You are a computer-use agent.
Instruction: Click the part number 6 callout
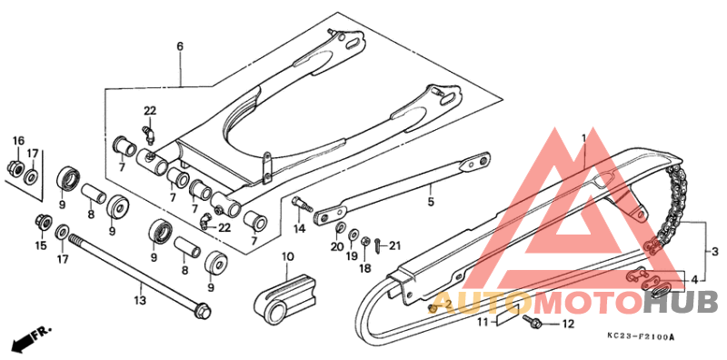[x=180, y=45]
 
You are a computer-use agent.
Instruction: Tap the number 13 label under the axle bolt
[x=140, y=298]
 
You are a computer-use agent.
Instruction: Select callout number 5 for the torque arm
[x=432, y=201]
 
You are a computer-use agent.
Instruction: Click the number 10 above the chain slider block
[x=288, y=257]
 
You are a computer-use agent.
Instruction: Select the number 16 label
[x=18, y=140]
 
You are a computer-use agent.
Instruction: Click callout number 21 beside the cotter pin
[x=393, y=245]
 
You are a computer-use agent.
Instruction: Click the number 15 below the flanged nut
[x=40, y=245]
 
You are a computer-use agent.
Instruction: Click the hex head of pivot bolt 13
[x=203, y=314]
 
